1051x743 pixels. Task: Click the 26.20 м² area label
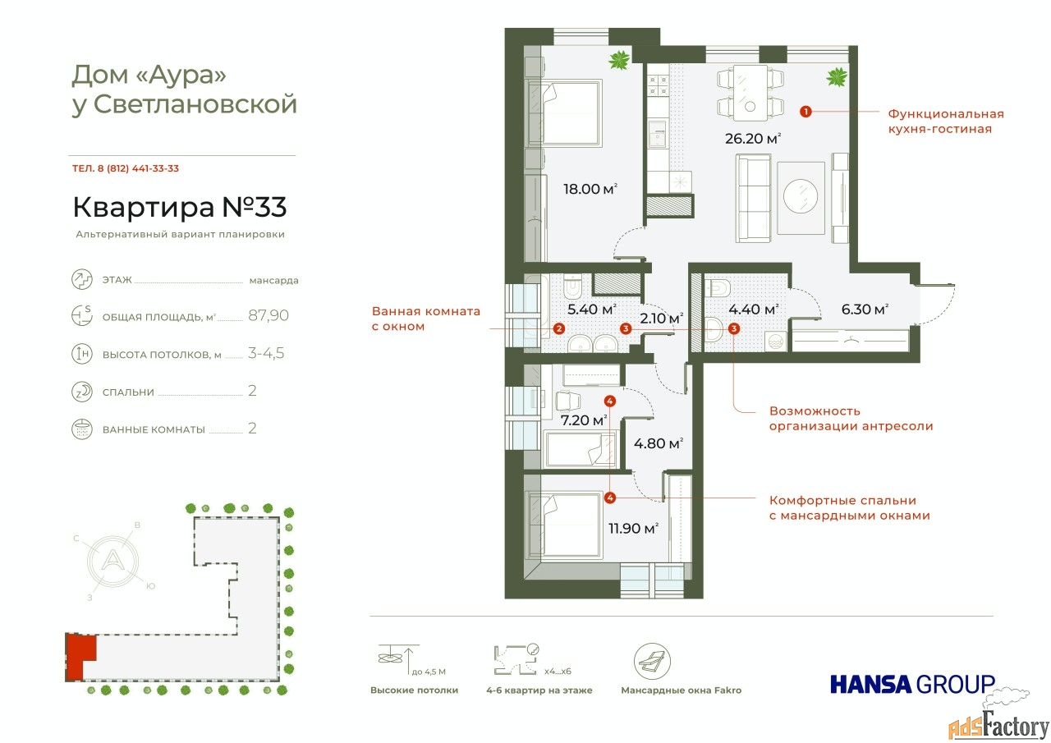point(753,139)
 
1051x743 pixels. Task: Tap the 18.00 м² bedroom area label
point(590,189)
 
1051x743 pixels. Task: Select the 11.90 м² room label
point(633,528)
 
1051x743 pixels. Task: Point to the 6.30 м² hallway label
point(865,310)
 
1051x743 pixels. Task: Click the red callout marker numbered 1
point(805,112)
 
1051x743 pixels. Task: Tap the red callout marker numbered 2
point(558,328)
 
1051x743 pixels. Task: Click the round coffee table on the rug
point(801,197)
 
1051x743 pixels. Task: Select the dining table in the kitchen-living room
point(750,93)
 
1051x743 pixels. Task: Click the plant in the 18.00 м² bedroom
point(619,60)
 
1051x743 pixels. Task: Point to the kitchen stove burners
point(658,85)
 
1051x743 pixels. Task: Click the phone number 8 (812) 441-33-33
point(138,168)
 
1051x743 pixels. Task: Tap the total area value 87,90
point(268,315)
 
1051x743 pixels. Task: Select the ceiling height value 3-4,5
point(266,353)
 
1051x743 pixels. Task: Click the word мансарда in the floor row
point(273,281)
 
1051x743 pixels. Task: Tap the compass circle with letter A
point(112,560)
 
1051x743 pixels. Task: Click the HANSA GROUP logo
point(912,684)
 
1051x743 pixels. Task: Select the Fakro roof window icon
point(652,662)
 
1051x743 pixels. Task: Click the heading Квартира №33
point(180,207)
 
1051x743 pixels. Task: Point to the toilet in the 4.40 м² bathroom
point(718,288)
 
